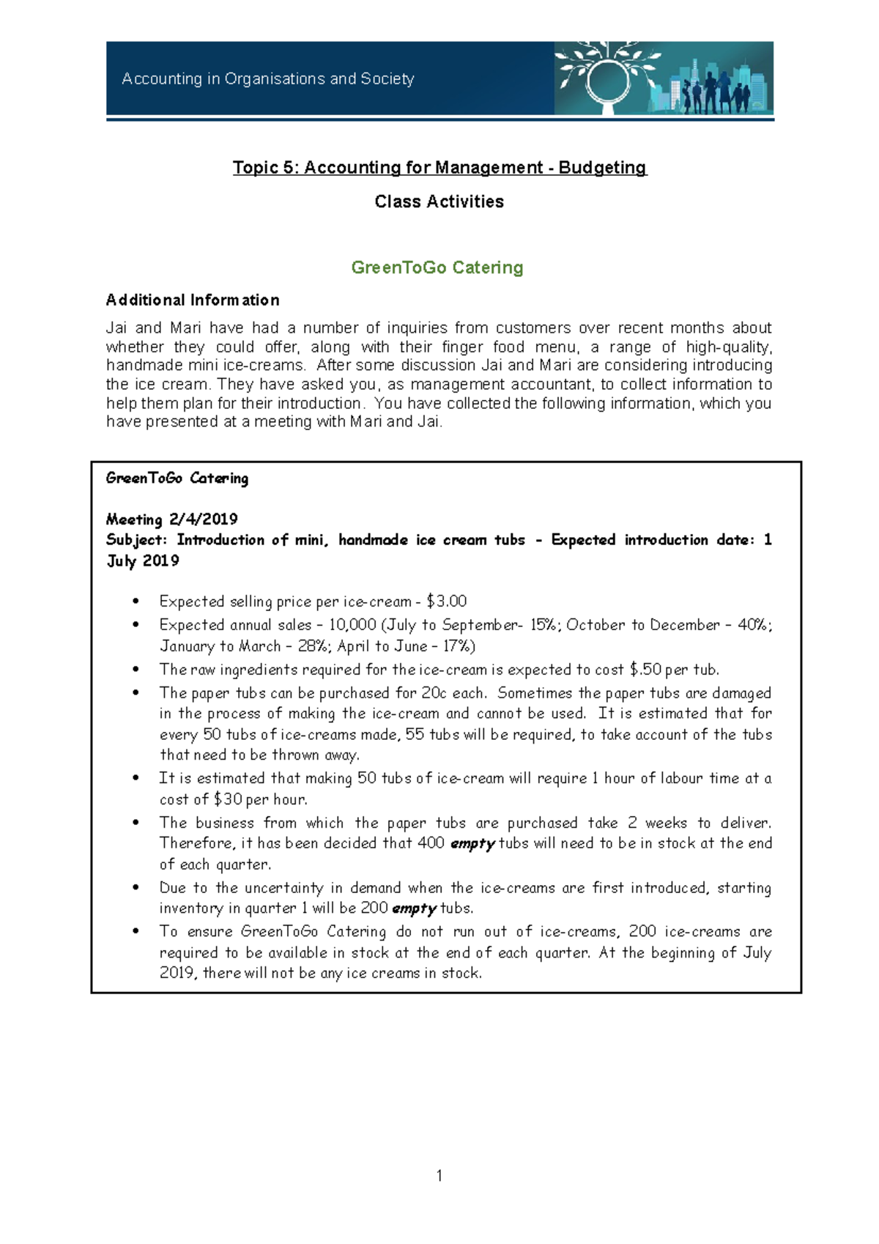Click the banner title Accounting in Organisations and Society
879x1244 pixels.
pos(268,78)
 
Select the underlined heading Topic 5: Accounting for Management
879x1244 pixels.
pos(439,168)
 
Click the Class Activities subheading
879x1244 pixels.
pos(439,201)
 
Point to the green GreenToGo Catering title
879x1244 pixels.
pos(437,267)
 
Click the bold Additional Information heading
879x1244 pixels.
pos(193,300)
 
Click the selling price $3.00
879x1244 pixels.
pos(446,601)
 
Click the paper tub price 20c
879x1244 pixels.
pos(431,693)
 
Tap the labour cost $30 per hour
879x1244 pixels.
pos(228,799)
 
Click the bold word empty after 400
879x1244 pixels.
pos(472,843)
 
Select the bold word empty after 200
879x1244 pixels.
pos(414,908)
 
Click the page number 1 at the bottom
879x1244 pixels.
pos(439,1176)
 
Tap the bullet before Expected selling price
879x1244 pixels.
pos(136,601)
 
